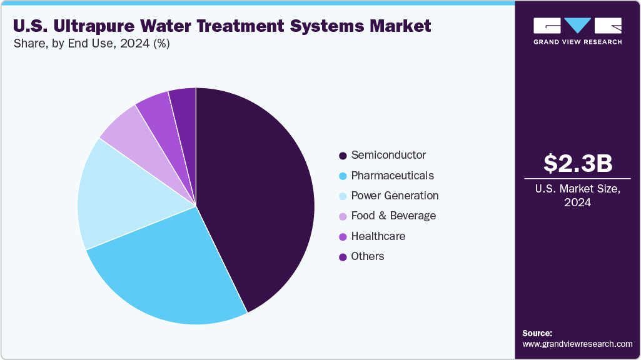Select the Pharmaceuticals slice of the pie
[169, 269]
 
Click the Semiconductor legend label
[388, 155]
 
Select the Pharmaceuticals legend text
[392, 176]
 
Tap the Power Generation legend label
[395, 196]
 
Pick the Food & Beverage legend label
[393, 216]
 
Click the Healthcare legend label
[378, 236]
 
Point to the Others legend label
[368, 256]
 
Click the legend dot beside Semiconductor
[343, 156]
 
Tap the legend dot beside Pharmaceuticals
[343, 176]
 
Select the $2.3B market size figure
[577, 163]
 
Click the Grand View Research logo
[577, 30]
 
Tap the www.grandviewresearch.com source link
[577, 344]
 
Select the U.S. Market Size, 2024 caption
[577, 196]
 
